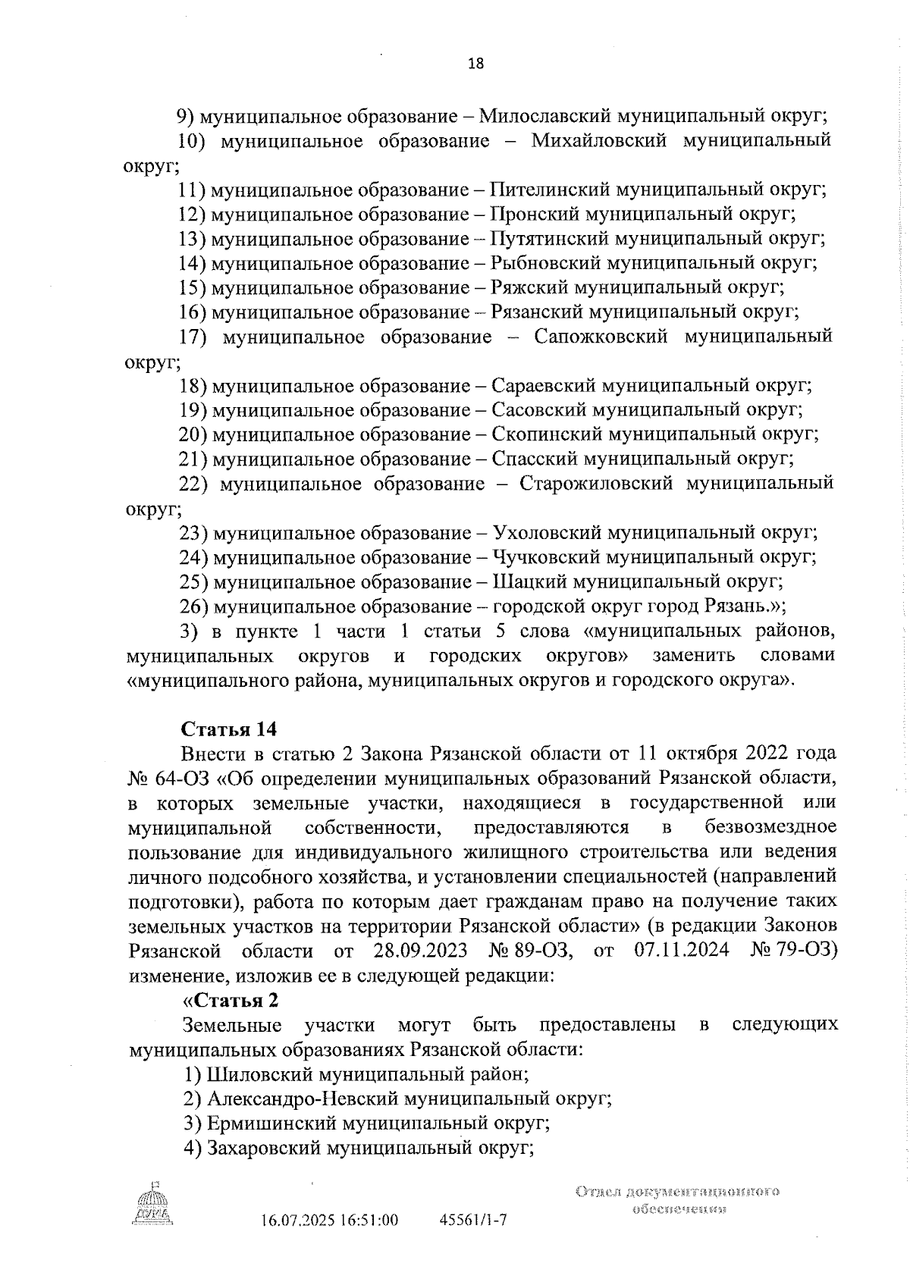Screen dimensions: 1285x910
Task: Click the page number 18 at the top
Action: tap(476, 64)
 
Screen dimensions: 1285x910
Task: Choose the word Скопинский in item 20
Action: tap(543, 434)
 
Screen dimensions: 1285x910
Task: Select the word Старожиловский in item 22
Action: tap(596, 484)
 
